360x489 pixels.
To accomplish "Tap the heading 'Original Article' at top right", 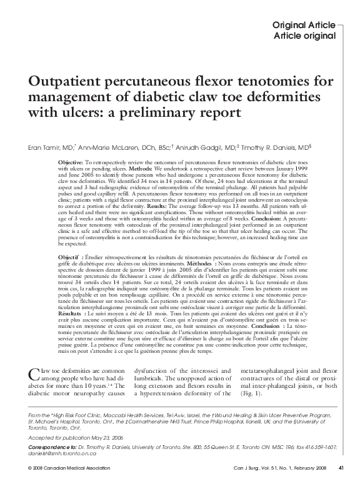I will (x=304, y=24).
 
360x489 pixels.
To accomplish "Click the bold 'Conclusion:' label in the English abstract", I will (x=287, y=220).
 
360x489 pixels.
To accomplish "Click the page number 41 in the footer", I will (x=341, y=483).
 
